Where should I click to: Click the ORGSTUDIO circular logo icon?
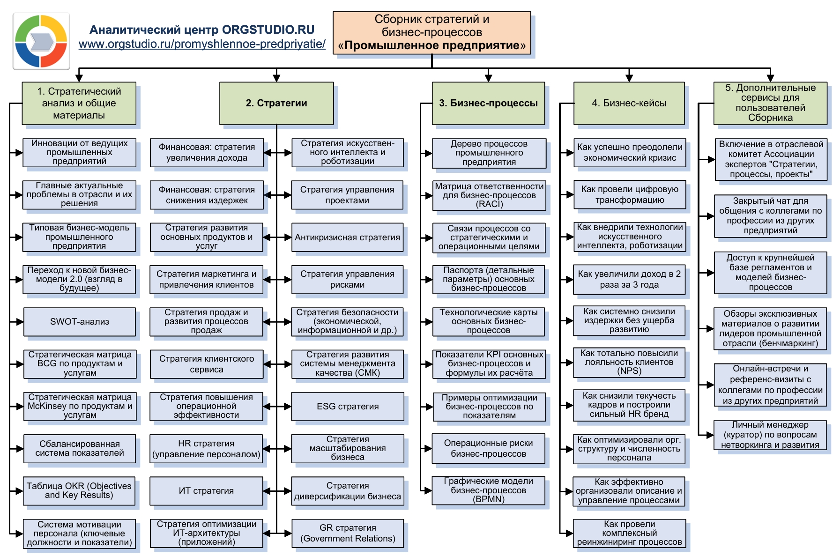(41, 41)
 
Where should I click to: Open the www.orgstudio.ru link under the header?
(202, 44)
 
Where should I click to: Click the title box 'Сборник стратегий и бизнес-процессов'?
(431, 33)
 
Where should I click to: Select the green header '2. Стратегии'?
(276, 103)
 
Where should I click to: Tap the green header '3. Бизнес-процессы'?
(488, 103)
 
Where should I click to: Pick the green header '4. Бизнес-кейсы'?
(629, 103)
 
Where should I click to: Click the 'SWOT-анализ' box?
(79, 322)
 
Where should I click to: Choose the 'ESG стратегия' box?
(347, 406)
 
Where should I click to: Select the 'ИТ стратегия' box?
(206, 491)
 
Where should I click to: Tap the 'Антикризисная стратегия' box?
(347, 237)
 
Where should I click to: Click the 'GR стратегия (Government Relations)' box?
(347, 533)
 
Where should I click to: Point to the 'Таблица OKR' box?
(79, 491)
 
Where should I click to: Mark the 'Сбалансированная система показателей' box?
(79, 448)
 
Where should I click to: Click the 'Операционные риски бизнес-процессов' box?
(488, 448)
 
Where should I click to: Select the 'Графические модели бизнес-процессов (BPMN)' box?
(488, 490)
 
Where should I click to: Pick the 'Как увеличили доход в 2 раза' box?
(629, 280)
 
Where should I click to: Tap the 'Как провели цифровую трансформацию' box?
(629, 195)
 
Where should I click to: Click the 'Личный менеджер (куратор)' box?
(770, 435)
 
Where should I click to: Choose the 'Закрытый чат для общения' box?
(770, 215)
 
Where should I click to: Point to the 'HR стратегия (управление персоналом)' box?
(206, 449)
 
